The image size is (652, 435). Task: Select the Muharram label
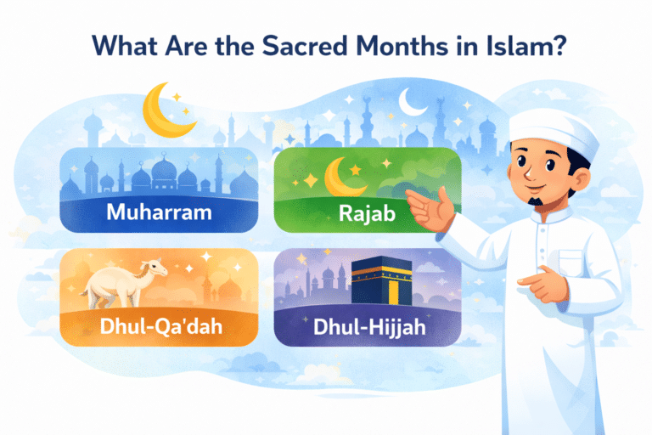pyautogui.click(x=159, y=212)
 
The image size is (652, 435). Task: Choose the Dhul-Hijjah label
pyautogui.click(x=367, y=325)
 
